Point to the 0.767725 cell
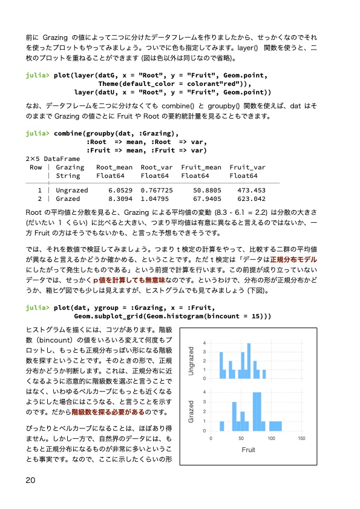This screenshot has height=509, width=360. [x=157, y=190]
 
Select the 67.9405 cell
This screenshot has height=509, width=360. [x=206, y=199]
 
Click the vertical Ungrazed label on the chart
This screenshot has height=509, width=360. [x=192, y=361]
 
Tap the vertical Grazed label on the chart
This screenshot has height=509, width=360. [x=192, y=411]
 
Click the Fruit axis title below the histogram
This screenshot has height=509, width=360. [x=249, y=450]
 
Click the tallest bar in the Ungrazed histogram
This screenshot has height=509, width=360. [x=249, y=361]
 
